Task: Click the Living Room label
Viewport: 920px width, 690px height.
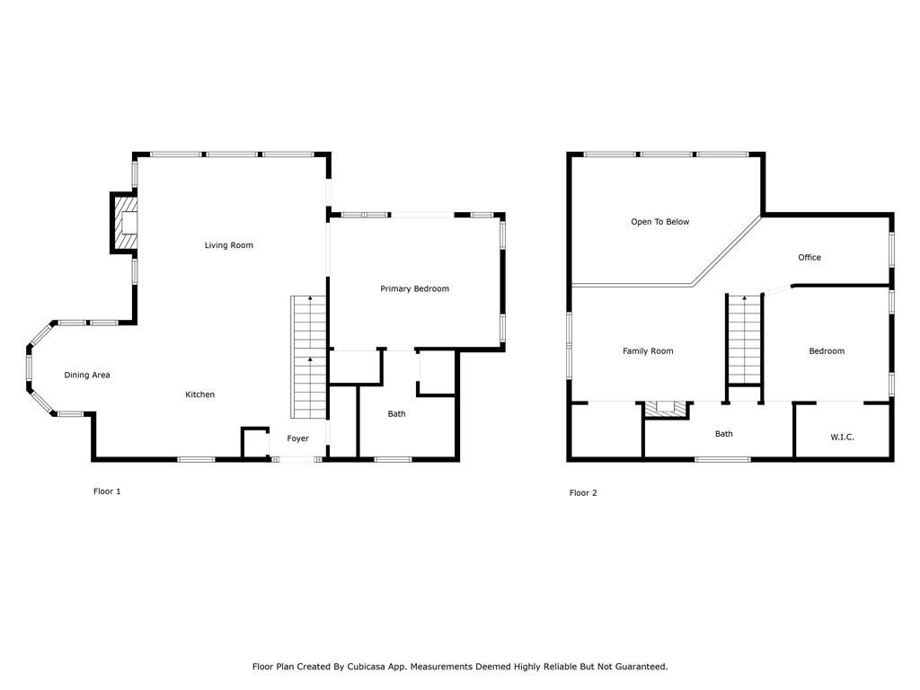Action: point(228,245)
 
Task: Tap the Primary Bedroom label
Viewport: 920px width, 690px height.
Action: point(414,289)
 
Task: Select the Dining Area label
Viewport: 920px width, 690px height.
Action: point(87,376)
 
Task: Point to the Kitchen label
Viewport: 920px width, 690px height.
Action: point(199,395)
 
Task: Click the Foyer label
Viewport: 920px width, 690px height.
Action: point(297,439)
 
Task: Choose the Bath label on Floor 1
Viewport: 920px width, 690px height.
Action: point(396,414)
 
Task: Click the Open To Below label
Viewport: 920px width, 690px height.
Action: point(659,222)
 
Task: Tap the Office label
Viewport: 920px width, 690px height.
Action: point(809,258)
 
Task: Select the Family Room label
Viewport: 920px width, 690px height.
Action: point(648,351)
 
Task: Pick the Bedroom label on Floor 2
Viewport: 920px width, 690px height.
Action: point(826,351)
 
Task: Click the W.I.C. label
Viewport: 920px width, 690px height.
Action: point(842,438)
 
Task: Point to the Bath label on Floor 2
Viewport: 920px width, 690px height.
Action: point(723,434)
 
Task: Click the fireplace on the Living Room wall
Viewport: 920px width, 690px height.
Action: point(127,223)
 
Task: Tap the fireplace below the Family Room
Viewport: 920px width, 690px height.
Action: point(666,409)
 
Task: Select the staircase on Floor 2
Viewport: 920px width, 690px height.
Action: point(744,340)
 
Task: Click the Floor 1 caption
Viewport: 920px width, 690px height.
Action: point(107,491)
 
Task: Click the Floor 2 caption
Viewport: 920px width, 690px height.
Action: point(583,493)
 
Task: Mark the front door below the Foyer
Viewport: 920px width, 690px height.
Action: point(296,460)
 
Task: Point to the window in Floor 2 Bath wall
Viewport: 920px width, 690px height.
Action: point(722,460)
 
